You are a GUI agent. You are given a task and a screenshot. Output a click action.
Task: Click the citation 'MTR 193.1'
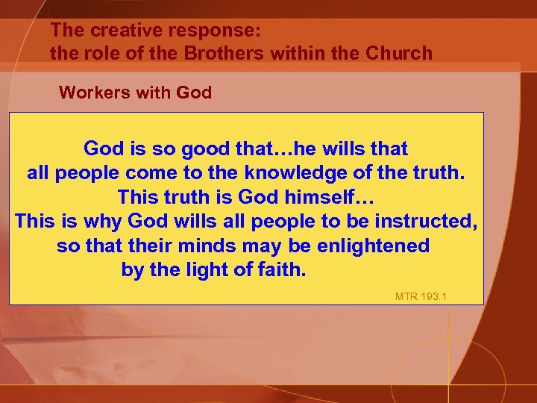coord(421,297)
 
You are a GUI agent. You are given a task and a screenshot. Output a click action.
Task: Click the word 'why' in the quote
coord(104,222)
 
